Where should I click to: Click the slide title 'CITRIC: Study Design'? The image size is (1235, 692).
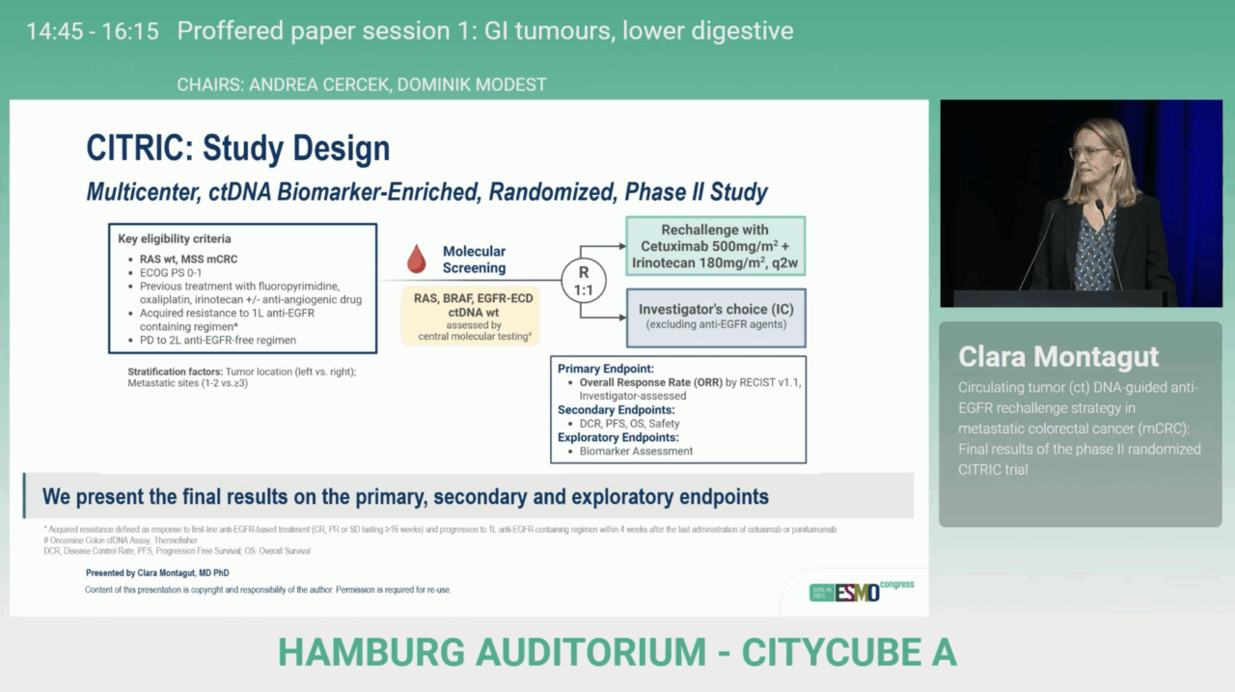click(238, 149)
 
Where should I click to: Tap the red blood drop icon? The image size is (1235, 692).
click(416, 259)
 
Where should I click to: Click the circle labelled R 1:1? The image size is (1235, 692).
click(583, 280)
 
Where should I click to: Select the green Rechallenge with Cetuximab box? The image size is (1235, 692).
click(715, 246)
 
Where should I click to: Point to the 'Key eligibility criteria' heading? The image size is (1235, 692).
click(175, 238)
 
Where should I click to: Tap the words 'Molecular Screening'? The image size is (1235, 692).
click(474, 260)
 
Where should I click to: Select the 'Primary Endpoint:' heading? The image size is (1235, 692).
click(605, 369)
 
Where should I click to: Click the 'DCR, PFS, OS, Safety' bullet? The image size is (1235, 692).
click(629, 423)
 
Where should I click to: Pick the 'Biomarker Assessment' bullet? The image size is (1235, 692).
click(636, 451)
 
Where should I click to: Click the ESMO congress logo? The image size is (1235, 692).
click(861, 591)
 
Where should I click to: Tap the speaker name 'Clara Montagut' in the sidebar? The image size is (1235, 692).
click(1057, 357)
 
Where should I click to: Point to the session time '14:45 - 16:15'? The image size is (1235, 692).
click(93, 31)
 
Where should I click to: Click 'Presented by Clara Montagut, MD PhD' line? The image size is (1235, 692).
click(157, 573)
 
